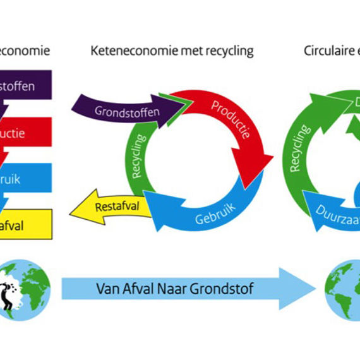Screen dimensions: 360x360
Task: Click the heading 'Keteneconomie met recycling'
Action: (172, 51)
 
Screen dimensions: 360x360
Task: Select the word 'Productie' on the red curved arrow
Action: (230, 119)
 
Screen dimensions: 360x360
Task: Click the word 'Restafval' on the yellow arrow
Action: (116, 207)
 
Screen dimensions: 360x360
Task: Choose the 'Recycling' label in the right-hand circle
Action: (300, 149)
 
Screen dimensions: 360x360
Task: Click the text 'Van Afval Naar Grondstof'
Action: (175, 289)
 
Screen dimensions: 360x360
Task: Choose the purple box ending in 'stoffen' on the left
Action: (25, 86)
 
